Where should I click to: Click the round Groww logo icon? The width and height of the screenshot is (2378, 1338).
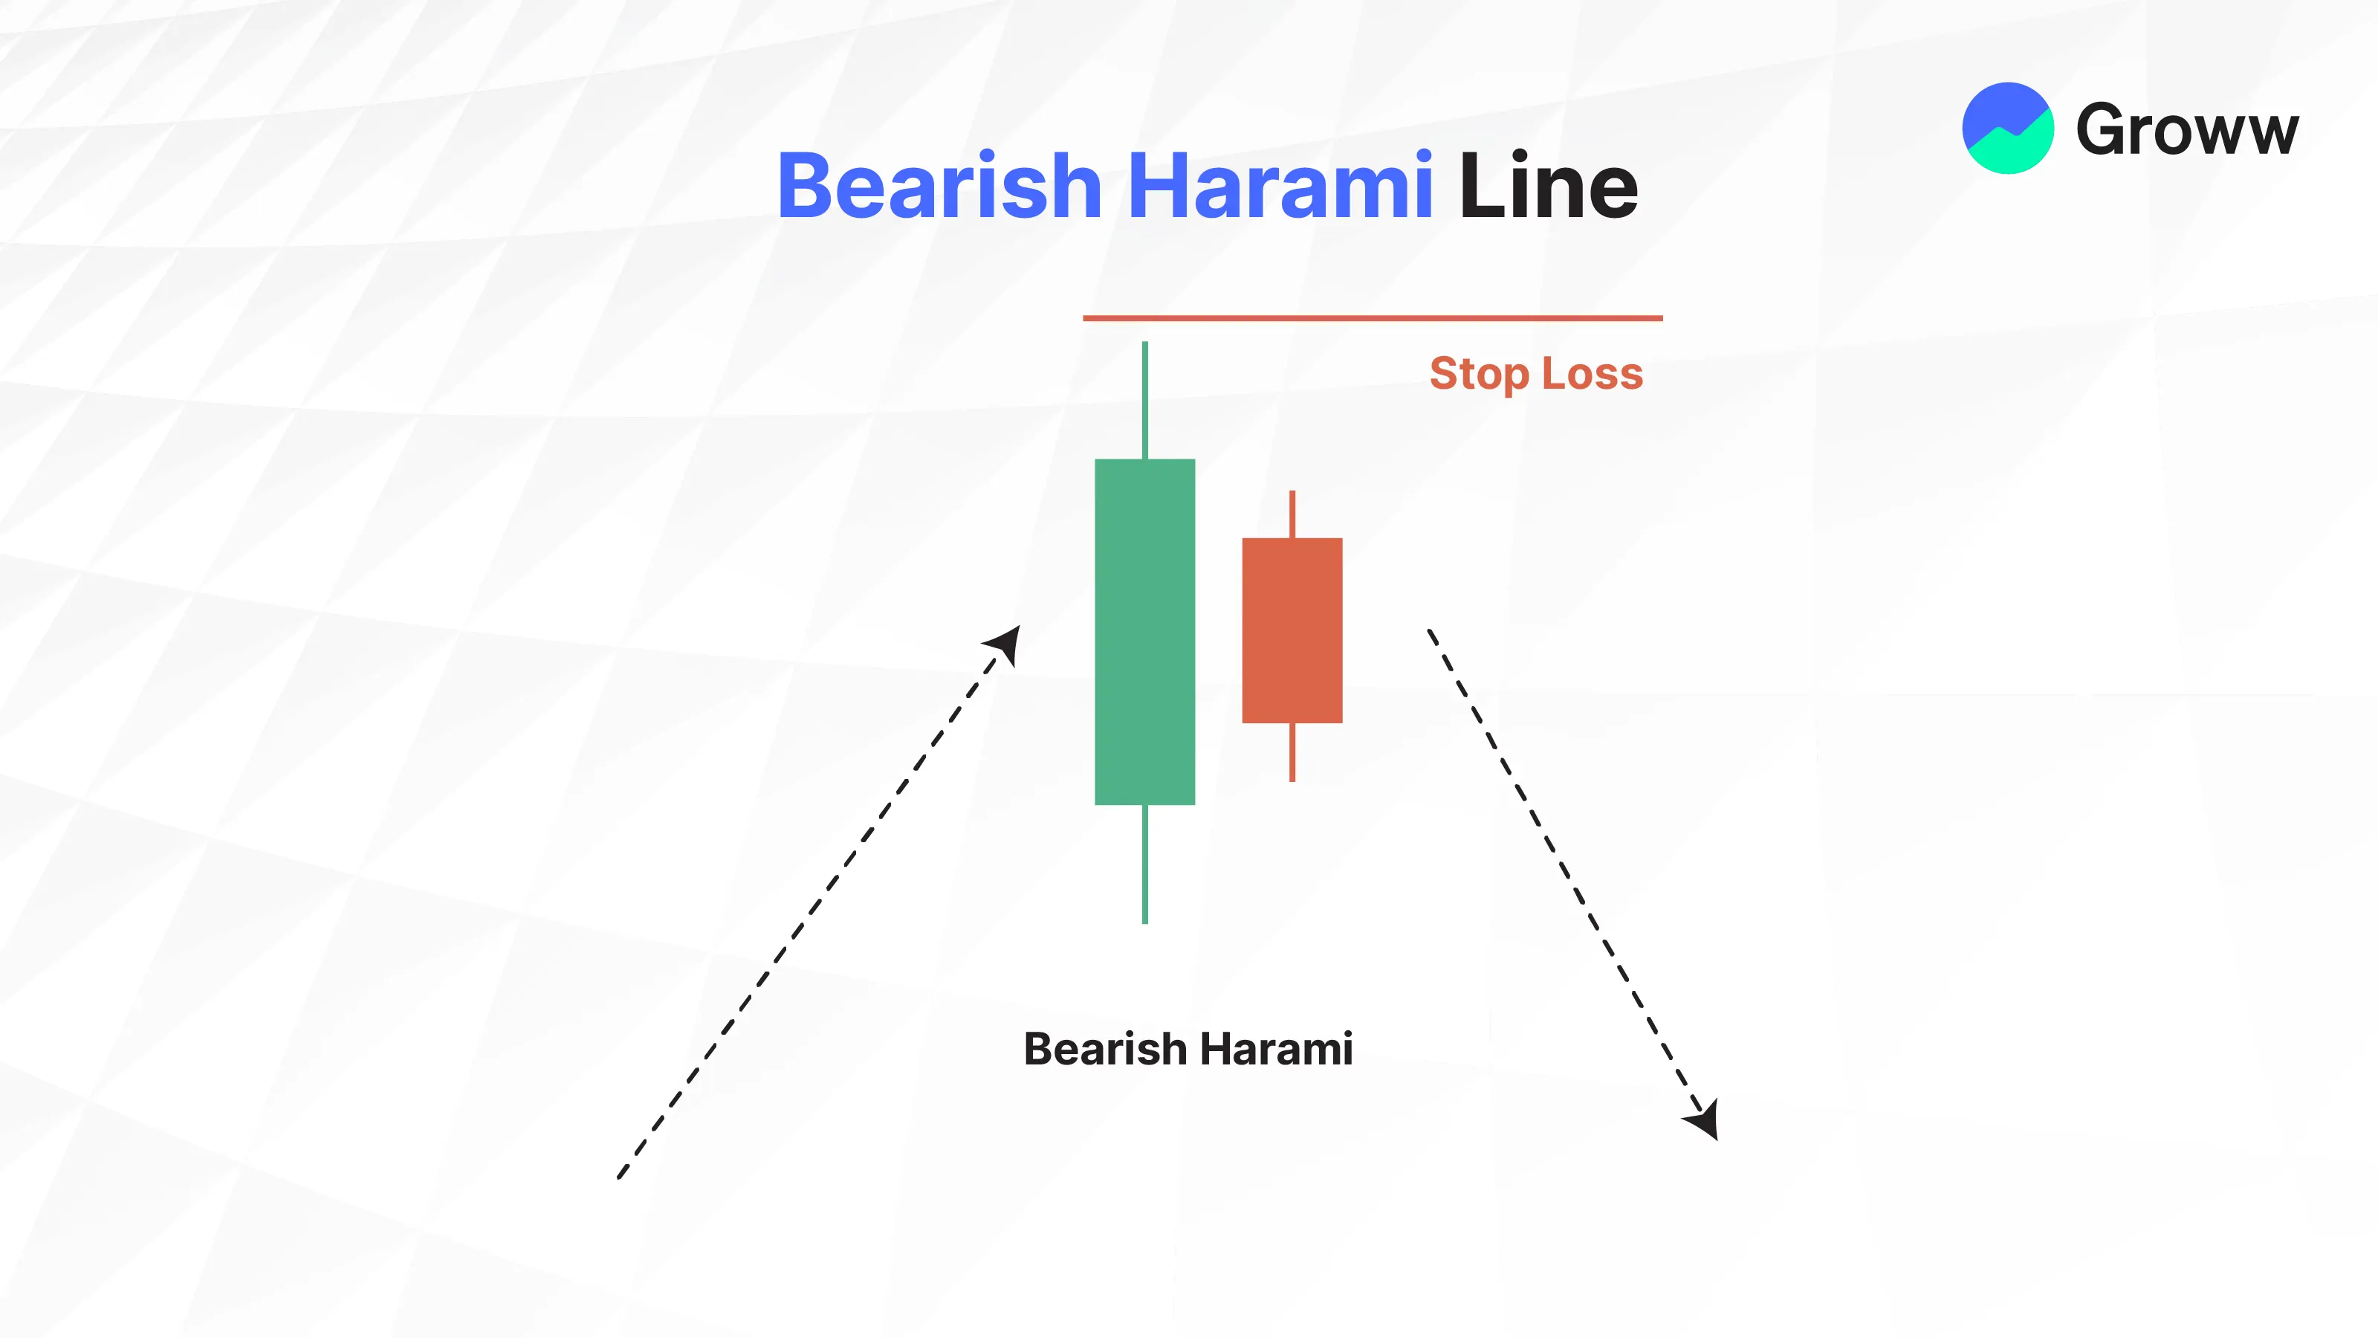[2008, 129]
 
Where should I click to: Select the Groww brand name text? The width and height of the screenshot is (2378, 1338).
[2187, 129]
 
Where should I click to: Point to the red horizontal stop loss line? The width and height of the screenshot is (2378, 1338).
[1373, 317]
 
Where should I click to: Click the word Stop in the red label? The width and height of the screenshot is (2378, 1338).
[1479, 374]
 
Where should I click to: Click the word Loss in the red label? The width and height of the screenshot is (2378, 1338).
[1593, 373]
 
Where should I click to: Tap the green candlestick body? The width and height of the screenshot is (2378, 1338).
[1144, 632]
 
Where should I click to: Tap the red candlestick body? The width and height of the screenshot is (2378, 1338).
[1292, 630]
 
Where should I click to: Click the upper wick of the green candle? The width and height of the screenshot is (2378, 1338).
[1144, 400]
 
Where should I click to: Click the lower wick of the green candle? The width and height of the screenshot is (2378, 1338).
[1144, 864]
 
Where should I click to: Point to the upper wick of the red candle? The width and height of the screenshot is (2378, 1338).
[1292, 514]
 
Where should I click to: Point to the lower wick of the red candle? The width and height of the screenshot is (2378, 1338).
[1292, 752]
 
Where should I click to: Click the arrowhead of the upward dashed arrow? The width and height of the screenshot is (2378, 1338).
[1005, 644]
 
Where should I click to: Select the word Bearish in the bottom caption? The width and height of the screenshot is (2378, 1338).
[1104, 1049]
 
